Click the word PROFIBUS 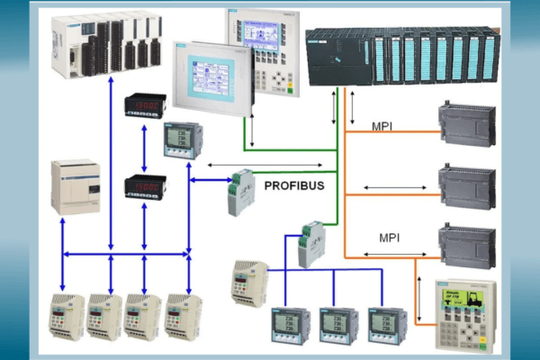(x=293, y=185)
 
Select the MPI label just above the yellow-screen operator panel (x=389, y=238)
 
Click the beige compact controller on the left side (x=75, y=186)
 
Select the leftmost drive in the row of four (x=66, y=316)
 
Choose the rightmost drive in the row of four (x=184, y=316)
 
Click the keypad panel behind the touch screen (x=263, y=49)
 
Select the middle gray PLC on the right (x=466, y=185)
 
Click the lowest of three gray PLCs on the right (x=466, y=244)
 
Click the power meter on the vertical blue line (x=184, y=141)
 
